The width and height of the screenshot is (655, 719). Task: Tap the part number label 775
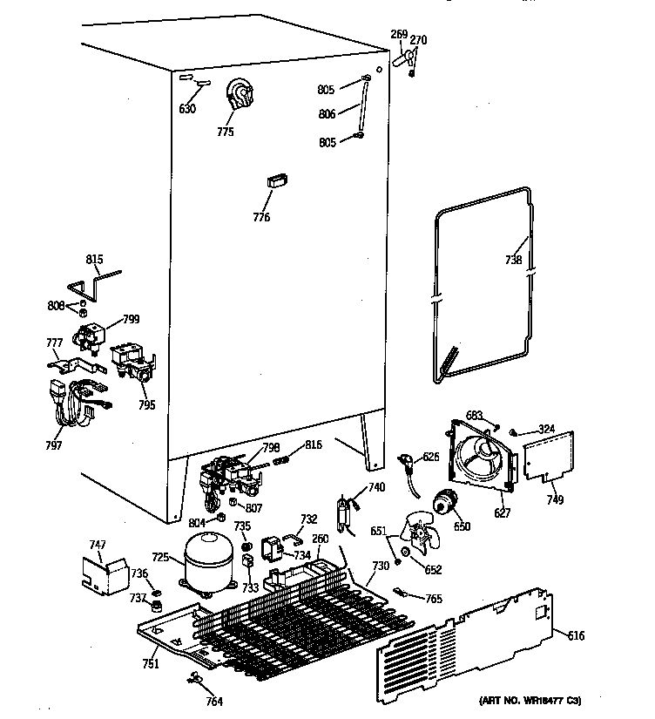(226, 132)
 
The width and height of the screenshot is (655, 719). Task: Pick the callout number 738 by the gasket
(513, 260)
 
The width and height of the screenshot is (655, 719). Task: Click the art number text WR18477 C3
(529, 700)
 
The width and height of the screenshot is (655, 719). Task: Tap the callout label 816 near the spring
(314, 444)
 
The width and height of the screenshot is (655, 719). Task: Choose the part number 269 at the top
(398, 34)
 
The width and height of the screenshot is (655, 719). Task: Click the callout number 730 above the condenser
(381, 566)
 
